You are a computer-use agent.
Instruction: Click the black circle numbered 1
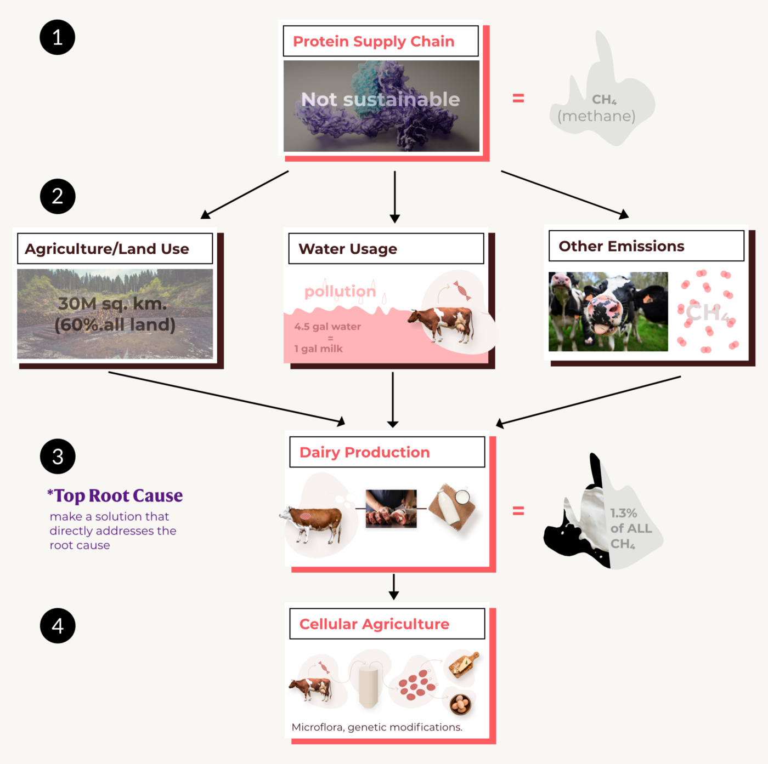coord(57,37)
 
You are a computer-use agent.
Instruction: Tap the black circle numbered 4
coord(58,625)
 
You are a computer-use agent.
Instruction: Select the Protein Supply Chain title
coord(374,41)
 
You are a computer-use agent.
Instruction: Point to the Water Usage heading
coord(348,249)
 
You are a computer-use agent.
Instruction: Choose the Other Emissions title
coord(621,246)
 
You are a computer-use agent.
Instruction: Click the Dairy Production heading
coord(364,452)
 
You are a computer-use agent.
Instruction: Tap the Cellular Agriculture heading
coord(374,624)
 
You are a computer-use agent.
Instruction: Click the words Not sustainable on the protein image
coord(380,99)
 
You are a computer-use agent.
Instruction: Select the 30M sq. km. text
coord(112,303)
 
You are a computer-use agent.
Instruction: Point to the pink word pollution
coord(340,291)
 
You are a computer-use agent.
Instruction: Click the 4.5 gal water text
coord(327,327)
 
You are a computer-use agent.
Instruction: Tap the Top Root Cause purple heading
coord(115,495)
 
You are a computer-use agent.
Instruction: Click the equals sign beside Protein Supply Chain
coord(518,99)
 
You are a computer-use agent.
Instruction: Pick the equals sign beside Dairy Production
coord(518,511)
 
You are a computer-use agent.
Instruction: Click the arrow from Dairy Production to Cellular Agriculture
coord(393,586)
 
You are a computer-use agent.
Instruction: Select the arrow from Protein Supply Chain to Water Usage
coord(394,196)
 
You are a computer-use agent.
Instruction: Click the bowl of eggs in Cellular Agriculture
coord(460,704)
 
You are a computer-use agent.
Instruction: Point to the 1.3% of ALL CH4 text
coord(630,528)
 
